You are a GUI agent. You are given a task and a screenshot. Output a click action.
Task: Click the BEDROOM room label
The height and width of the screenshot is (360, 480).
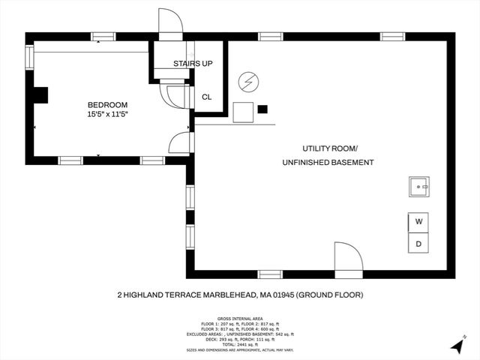tap(107, 105)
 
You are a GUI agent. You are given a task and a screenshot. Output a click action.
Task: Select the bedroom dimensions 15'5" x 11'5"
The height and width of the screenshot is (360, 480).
tap(107, 115)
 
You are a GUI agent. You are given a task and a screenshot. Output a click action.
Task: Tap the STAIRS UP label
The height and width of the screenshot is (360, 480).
tap(193, 64)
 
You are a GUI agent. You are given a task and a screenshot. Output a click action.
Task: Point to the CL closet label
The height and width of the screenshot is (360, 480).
tap(206, 97)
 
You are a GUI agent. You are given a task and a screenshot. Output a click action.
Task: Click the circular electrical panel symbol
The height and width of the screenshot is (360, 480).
tap(247, 81)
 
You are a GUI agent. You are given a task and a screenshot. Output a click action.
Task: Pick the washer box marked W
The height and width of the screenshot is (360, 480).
tap(419, 222)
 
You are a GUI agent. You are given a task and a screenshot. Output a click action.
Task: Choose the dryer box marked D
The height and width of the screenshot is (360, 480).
tap(419, 244)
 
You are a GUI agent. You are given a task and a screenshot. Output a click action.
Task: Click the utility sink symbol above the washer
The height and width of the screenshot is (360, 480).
tap(418, 185)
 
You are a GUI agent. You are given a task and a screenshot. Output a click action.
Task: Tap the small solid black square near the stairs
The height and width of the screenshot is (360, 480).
tap(262, 109)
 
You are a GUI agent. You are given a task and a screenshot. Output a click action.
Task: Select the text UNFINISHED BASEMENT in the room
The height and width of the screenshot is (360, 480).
tap(328, 163)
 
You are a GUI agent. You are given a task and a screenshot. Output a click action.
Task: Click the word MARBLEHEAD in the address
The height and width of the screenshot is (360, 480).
tap(223, 295)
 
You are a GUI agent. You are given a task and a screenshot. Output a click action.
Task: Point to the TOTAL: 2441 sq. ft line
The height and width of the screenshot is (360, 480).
tap(239, 343)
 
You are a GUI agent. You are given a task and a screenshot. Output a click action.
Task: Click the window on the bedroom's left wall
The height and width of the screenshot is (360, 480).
tap(29, 57)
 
